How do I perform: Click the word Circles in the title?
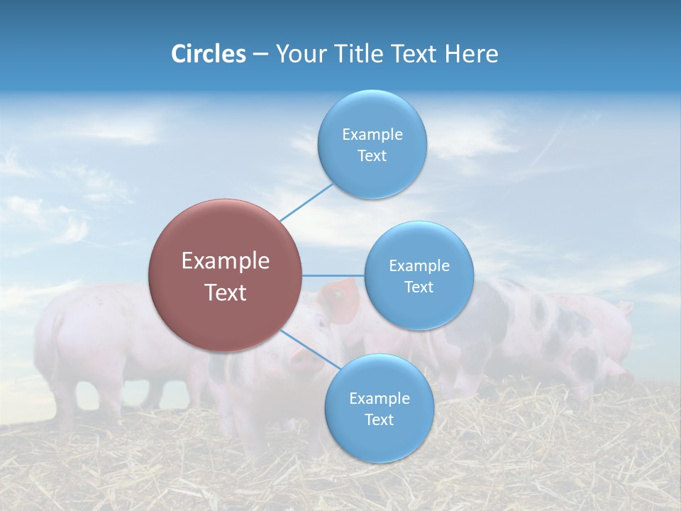coord(208,54)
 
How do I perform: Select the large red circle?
coord(225,276)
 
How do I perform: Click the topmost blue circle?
coord(372,145)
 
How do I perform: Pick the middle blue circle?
coord(419,276)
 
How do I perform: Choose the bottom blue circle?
coord(379,409)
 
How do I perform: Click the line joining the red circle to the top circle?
coord(306,202)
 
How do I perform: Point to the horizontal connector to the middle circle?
coord(333,275)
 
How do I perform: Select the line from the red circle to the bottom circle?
coord(312,352)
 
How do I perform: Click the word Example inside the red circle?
coord(225,261)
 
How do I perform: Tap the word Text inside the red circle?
coord(225,292)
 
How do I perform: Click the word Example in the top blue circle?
coord(372,135)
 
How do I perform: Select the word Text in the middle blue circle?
coord(419,287)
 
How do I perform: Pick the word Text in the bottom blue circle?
coord(379,419)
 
